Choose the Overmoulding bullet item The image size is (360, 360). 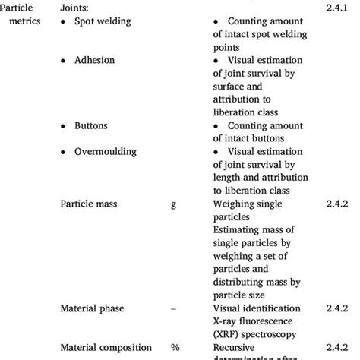[106, 150]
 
